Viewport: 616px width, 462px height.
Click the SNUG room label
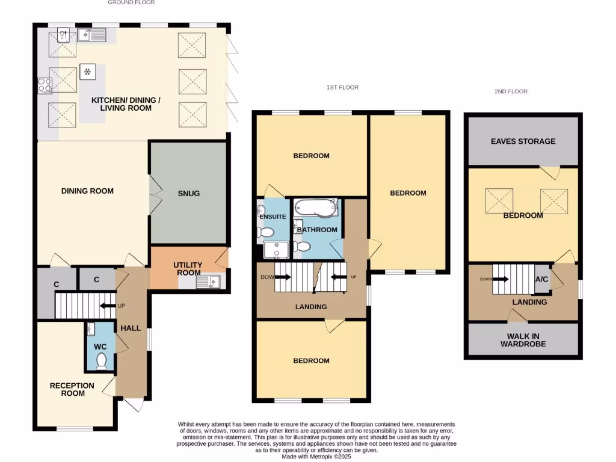pyautogui.click(x=188, y=193)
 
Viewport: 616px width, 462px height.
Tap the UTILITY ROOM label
pyautogui.click(x=188, y=269)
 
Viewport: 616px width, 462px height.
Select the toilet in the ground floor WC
pyautogui.click(x=101, y=361)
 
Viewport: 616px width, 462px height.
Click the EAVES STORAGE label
pyautogui.click(x=523, y=141)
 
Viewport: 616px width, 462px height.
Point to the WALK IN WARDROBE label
pyautogui.click(x=523, y=340)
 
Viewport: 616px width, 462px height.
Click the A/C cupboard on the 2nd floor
pyautogui.click(x=541, y=279)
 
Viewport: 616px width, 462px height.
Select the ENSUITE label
pyautogui.click(x=273, y=217)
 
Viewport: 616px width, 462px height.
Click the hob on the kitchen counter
pyautogui.click(x=44, y=86)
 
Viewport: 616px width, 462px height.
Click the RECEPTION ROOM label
pyautogui.click(x=72, y=389)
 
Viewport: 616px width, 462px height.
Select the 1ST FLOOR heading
pyautogui.click(x=342, y=88)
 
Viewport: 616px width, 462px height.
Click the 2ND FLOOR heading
pyautogui.click(x=511, y=91)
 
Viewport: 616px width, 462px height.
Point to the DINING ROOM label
pyautogui.click(x=87, y=191)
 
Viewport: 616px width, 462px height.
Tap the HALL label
pyautogui.click(x=131, y=328)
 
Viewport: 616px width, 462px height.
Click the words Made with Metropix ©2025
pyautogui.click(x=316, y=457)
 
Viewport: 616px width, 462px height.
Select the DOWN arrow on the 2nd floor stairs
pyautogui.click(x=499, y=280)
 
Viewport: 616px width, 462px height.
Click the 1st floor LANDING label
pyautogui.click(x=311, y=307)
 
